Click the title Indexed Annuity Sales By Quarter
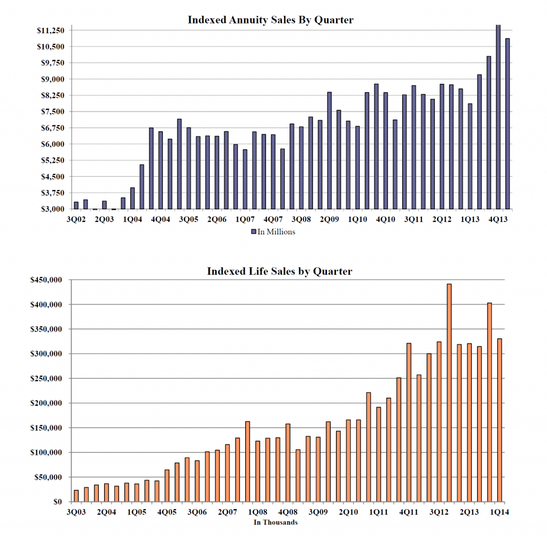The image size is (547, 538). [270, 20]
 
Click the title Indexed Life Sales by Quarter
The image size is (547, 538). [279, 271]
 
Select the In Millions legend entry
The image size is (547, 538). [272, 232]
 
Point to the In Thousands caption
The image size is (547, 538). [275, 522]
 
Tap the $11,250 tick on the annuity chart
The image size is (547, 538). [50, 30]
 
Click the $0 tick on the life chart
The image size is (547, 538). [58, 502]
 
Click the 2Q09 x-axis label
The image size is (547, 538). [329, 219]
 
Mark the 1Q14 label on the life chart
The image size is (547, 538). [500, 512]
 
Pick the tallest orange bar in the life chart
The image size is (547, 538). [449, 392]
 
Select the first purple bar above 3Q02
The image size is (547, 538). [76, 205]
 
